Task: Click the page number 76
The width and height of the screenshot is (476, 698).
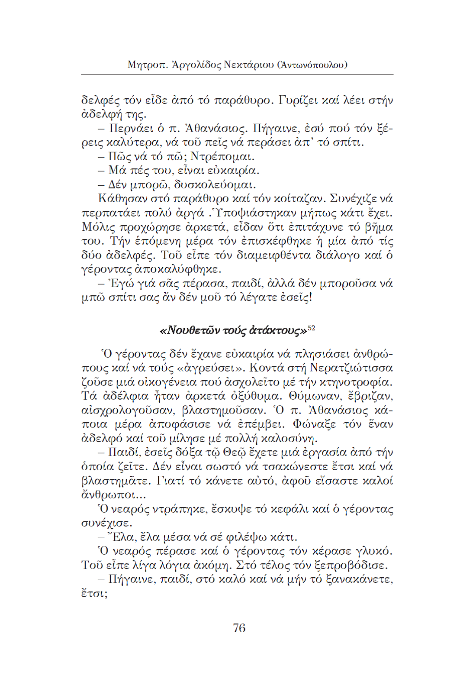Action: click(x=239, y=628)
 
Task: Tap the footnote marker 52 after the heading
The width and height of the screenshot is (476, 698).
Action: click(x=312, y=329)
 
